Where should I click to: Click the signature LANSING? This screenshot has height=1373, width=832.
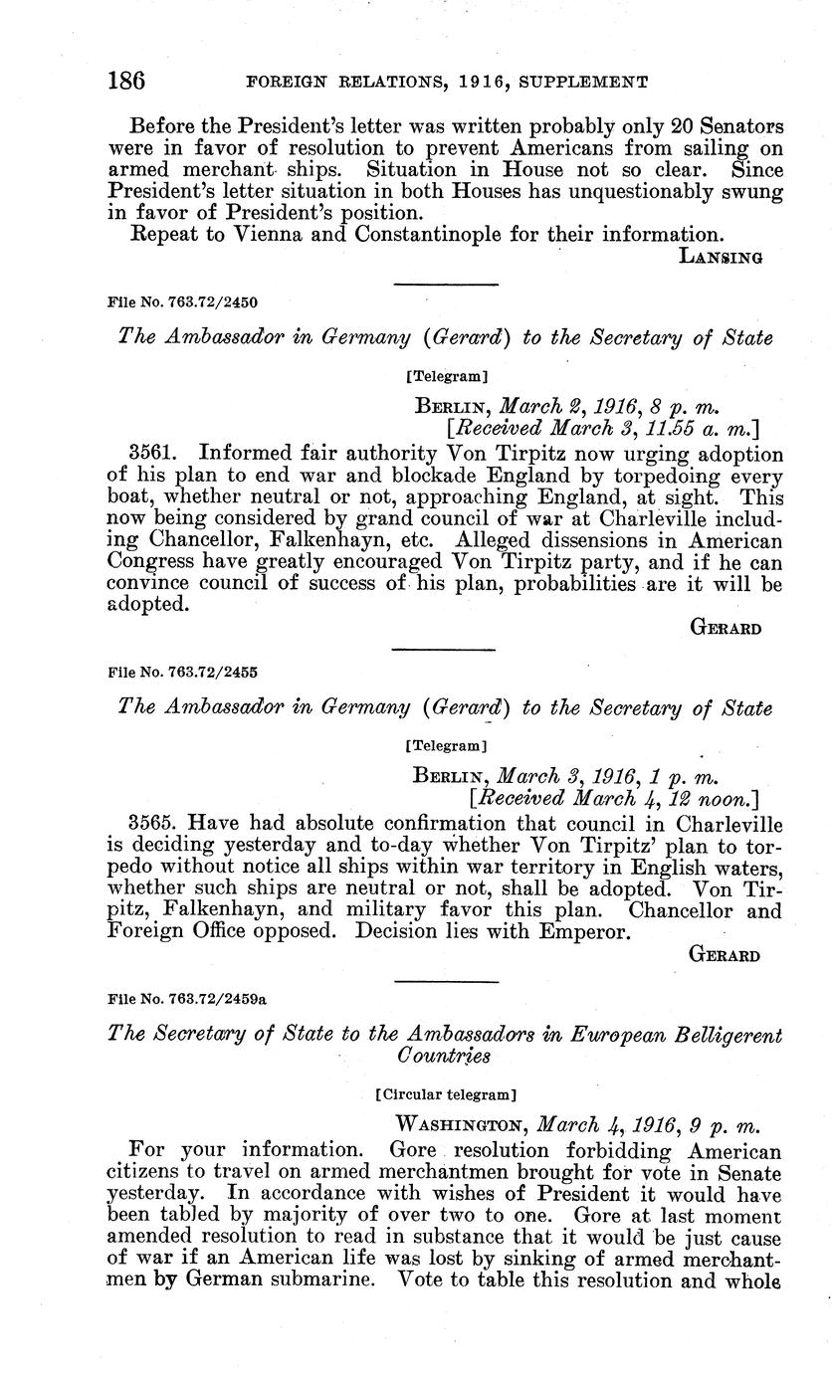click(x=721, y=257)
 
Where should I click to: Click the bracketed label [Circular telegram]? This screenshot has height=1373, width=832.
click(x=446, y=1094)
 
